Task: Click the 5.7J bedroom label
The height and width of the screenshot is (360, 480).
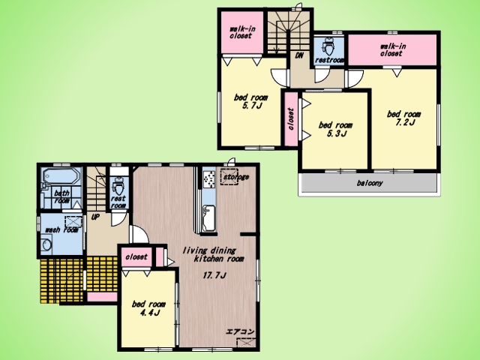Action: (x=250, y=102)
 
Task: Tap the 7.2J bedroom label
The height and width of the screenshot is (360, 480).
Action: (x=403, y=118)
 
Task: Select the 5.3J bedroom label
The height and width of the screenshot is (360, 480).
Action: (x=335, y=129)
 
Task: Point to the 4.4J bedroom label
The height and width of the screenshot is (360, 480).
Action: (x=148, y=308)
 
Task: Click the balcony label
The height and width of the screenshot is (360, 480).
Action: (x=370, y=183)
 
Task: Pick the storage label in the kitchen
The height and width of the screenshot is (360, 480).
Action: (x=236, y=177)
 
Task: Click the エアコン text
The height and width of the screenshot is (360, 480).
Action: (x=240, y=331)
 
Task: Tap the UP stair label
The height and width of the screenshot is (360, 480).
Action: (x=95, y=217)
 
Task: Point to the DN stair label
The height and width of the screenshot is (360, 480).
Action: (x=299, y=55)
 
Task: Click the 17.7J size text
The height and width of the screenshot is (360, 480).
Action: (x=214, y=275)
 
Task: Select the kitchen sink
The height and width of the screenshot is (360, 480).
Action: (x=209, y=218)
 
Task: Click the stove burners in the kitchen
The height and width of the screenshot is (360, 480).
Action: (x=209, y=179)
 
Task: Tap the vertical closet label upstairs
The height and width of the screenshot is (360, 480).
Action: (x=291, y=118)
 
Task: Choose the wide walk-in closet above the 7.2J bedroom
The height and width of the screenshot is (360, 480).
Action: (x=393, y=50)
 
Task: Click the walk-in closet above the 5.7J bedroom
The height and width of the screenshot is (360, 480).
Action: (x=241, y=32)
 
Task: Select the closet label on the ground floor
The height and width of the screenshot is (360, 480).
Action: (x=136, y=256)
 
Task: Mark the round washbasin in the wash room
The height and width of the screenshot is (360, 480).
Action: (x=46, y=244)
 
